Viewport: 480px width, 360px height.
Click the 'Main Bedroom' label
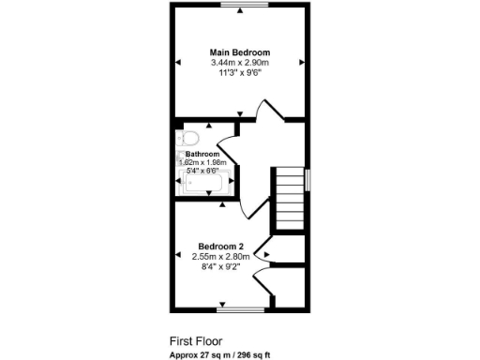239,52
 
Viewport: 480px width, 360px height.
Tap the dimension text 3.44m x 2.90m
239,63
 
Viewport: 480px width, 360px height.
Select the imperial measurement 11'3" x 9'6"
239,73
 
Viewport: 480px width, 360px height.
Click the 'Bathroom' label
202,154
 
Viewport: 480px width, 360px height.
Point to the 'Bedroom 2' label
221,247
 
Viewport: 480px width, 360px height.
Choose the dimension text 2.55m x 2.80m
221,256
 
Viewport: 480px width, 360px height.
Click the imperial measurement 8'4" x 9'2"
221,266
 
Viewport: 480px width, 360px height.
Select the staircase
290,200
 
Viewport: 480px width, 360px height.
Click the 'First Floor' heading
196,341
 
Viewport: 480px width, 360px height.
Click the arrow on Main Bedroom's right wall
301,62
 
